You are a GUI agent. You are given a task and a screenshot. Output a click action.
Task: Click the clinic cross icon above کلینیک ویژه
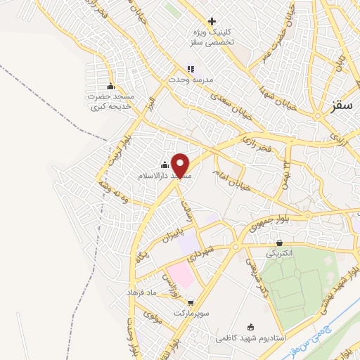[212, 22]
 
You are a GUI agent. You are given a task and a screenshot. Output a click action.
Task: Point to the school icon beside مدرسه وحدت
[190, 69]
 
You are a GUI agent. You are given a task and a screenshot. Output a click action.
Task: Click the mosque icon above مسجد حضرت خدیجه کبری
[110, 86]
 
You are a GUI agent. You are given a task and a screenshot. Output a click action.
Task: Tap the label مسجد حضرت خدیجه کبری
[111, 101]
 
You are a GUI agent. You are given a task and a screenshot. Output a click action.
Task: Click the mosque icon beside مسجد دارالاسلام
[165, 165]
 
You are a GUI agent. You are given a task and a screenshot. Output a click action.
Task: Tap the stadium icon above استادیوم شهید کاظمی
[252, 326]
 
